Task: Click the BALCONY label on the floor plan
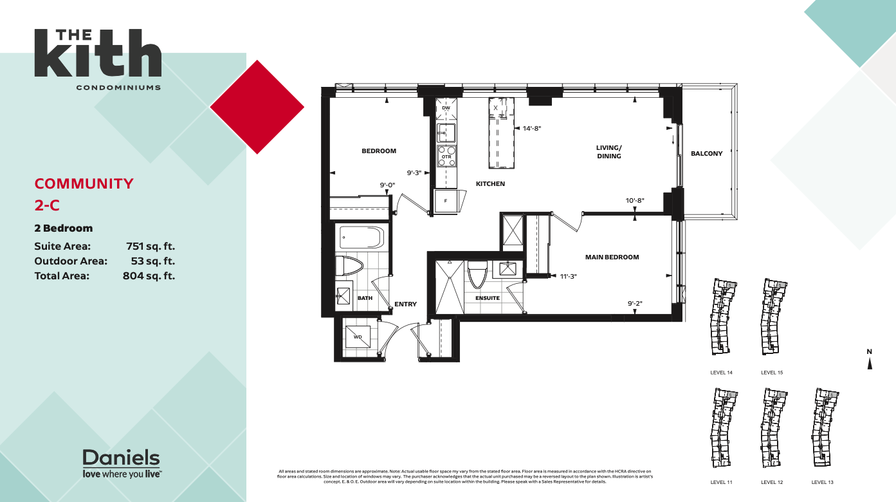pyautogui.click(x=706, y=154)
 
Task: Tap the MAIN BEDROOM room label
pyautogui.click(x=612, y=257)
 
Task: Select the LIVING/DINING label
pyautogui.click(x=608, y=152)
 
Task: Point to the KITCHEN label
pyautogui.click(x=490, y=184)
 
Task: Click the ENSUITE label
pyautogui.click(x=488, y=298)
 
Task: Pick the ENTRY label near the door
pyautogui.click(x=405, y=304)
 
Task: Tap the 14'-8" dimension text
pyautogui.click(x=532, y=129)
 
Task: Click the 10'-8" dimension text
pyautogui.click(x=635, y=200)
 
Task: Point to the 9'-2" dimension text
pyautogui.click(x=635, y=304)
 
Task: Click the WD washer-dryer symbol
pyautogui.click(x=358, y=337)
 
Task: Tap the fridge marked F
pyautogui.click(x=445, y=201)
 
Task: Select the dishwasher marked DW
pyautogui.click(x=446, y=107)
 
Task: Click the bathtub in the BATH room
pyautogui.click(x=361, y=237)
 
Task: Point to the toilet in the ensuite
pyautogui.click(x=477, y=274)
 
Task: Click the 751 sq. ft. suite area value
pyautogui.click(x=151, y=246)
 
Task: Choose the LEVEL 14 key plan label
pyautogui.click(x=721, y=373)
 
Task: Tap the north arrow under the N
pyautogui.click(x=870, y=364)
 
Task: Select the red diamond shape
pyautogui.click(x=257, y=107)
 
